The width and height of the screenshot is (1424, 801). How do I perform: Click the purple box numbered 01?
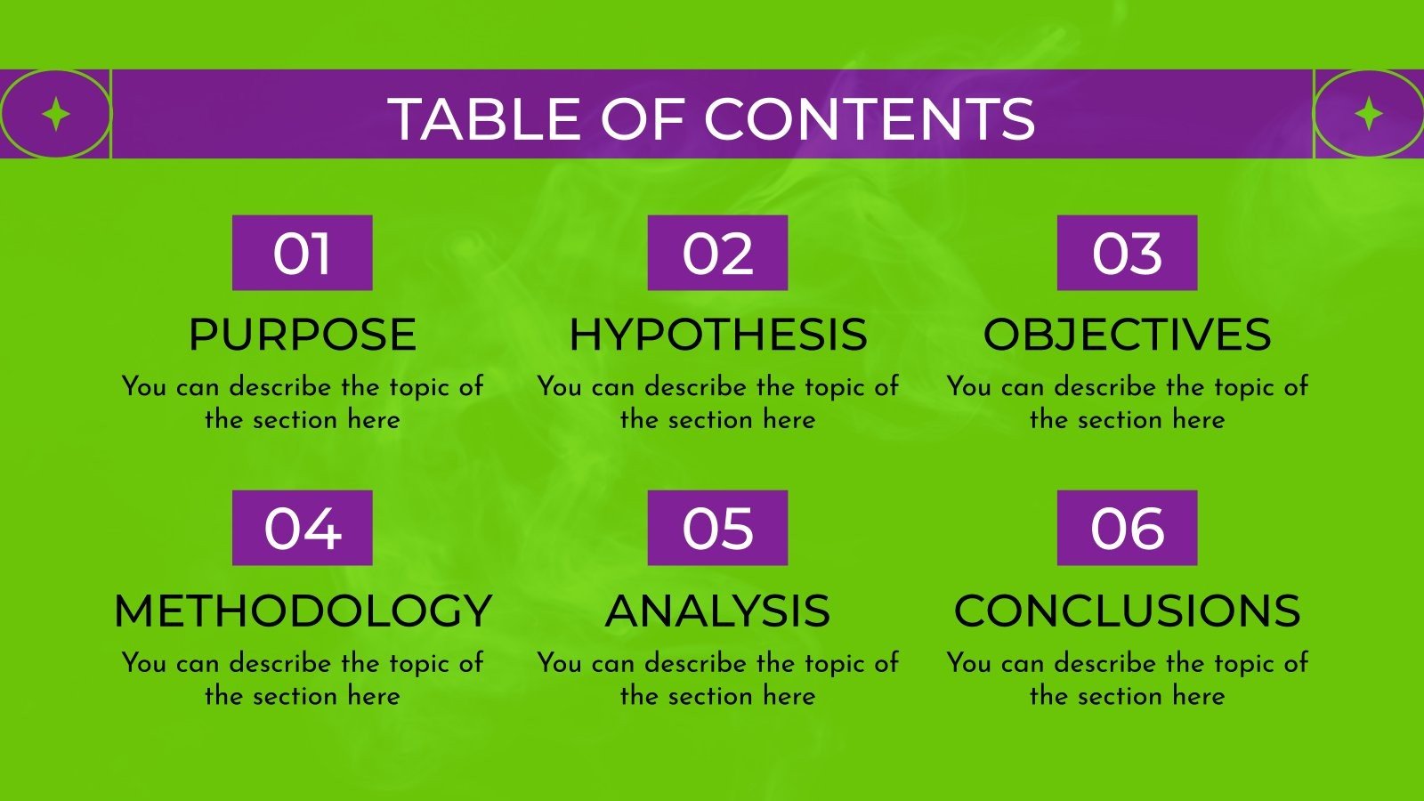tap(302, 253)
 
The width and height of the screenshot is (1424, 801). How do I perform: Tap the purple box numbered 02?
tap(717, 253)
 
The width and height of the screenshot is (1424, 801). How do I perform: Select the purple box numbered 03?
tap(1127, 253)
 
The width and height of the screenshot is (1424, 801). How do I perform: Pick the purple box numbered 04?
tap(302, 528)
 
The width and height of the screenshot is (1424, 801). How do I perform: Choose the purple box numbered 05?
tap(717, 528)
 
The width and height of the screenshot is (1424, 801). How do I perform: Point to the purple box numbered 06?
tap(1127, 528)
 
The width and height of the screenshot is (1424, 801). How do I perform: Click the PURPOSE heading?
tap(302, 335)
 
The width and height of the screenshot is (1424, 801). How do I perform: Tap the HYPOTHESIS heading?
tap(717, 335)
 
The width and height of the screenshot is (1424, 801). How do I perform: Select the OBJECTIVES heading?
tap(1127, 335)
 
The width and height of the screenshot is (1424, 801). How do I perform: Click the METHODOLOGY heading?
tap(303, 611)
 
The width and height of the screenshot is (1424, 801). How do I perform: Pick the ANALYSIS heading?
tap(717, 611)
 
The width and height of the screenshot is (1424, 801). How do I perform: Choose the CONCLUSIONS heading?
tap(1127, 611)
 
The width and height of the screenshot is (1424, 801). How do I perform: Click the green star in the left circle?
tap(56, 115)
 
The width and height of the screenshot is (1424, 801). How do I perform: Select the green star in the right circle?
tap(1369, 115)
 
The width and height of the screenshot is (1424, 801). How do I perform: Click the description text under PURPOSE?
tap(303, 402)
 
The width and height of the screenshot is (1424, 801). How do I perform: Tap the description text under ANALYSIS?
tap(717, 678)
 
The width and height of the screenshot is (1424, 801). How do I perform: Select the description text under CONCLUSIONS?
tap(1127, 678)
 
